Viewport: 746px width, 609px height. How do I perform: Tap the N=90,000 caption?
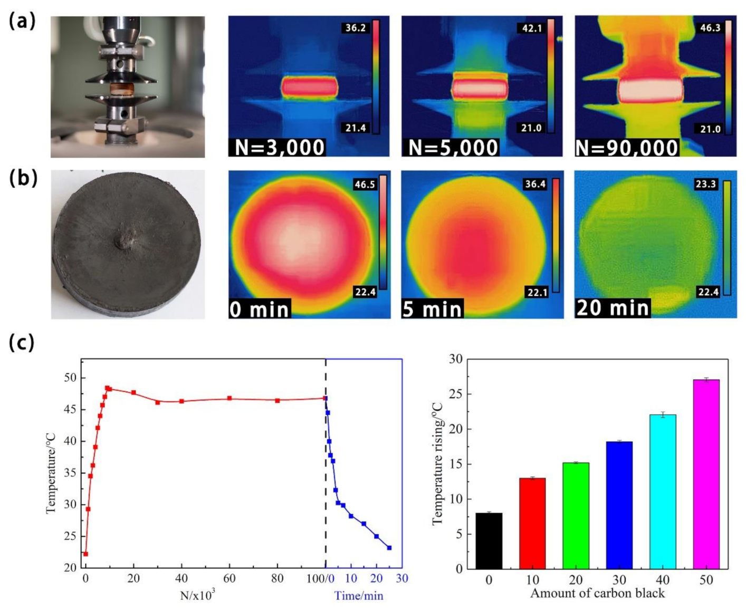click(627, 147)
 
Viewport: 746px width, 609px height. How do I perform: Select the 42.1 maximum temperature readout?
click(532, 28)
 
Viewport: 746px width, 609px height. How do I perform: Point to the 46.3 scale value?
click(710, 28)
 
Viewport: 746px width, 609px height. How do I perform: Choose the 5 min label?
click(432, 309)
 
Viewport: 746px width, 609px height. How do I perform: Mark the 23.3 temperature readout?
click(706, 184)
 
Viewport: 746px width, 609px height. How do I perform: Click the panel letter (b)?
click(23, 178)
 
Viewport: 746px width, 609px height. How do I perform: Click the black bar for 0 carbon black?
click(489, 540)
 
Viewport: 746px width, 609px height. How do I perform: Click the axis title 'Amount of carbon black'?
click(597, 594)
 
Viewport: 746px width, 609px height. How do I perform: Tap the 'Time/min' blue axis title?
click(359, 596)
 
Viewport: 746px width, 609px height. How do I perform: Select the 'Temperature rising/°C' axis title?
click(438, 463)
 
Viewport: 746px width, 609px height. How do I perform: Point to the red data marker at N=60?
click(229, 398)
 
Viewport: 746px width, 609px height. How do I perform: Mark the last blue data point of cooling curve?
click(389, 548)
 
